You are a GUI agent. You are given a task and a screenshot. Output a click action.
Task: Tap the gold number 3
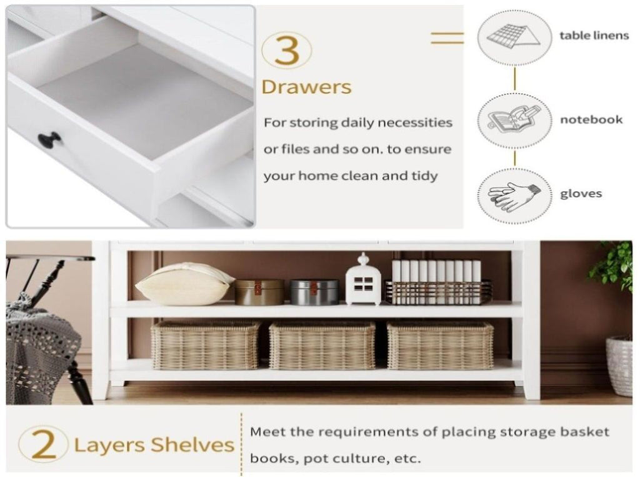tap(287, 50)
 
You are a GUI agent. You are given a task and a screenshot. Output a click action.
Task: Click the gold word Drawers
tap(306, 87)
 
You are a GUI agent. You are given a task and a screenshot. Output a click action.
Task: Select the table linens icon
tap(514, 37)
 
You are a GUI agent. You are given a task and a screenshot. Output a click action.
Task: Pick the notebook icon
tap(514, 120)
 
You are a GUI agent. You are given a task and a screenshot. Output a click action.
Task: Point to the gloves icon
tap(514, 195)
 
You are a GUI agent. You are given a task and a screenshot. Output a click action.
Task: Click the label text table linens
tap(594, 36)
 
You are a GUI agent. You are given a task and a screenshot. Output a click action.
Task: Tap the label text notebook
tap(591, 119)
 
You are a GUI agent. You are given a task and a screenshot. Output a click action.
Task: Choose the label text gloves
tap(581, 194)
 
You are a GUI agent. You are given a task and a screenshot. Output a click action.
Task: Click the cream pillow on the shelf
tap(184, 283)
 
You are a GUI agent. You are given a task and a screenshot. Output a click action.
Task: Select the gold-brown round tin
tap(259, 292)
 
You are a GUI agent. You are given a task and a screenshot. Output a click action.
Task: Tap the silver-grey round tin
tap(314, 292)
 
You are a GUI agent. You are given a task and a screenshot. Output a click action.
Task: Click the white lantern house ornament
tap(363, 279)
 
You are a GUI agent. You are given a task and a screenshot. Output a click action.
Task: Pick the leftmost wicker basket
tap(206, 344)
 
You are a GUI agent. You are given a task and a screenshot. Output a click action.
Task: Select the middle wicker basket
tap(322, 345)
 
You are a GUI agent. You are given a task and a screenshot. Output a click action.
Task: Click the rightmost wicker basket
tap(440, 345)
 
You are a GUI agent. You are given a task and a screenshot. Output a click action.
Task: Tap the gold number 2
tap(43, 444)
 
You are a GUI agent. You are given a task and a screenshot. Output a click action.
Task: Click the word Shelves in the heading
tap(192, 444)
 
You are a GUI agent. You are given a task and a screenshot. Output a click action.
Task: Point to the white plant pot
tap(619, 366)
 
